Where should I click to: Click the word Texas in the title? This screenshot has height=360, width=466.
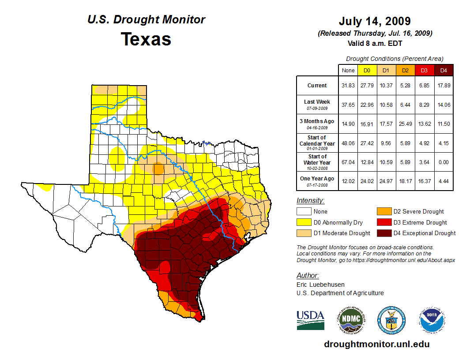[x=146, y=39]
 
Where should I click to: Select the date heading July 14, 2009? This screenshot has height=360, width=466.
[x=375, y=21]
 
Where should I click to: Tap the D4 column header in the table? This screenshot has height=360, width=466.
[x=443, y=70]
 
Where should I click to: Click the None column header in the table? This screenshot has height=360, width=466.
[x=348, y=70]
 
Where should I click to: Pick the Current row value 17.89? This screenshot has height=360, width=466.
[x=443, y=86]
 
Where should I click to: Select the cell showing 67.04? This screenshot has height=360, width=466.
[x=348, y=162]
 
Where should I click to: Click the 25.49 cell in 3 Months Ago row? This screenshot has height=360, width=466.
[x=405, y=124]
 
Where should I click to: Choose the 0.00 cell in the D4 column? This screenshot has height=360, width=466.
[x=443, y=162]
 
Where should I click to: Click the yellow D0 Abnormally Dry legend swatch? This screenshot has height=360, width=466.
[x=304, y=222]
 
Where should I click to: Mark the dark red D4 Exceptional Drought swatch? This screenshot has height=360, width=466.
[x=383, y=233]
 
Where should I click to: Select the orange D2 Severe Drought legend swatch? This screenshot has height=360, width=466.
[x=383, y=212]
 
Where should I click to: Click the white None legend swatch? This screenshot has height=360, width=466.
[x=304, y=212]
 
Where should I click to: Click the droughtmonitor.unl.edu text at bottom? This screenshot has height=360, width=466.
[x=376, y=344]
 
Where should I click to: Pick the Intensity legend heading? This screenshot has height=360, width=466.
[x=311, y=200]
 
